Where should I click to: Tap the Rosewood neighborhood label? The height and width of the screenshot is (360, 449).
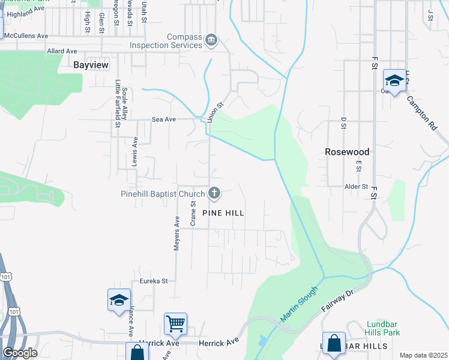pos(347,152)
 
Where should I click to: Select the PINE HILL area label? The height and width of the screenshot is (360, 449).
pos(224,213)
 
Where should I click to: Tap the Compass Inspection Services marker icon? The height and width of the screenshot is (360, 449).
pos(211,41)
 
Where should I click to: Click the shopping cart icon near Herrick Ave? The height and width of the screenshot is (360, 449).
pos(176,323)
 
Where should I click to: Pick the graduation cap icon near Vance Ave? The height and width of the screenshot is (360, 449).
pos(119,299)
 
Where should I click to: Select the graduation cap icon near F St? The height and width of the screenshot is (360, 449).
pos(394,80)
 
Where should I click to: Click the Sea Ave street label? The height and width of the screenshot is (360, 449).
pos(163,119)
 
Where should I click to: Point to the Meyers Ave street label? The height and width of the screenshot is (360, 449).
pos(177,234)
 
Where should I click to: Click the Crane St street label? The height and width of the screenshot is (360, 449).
pos(193,214)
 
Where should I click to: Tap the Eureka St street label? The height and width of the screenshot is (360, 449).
pos(154,280)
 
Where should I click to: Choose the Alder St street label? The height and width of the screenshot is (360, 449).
pos(356,187)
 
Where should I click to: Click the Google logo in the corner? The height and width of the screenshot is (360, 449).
pos(19,353)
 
